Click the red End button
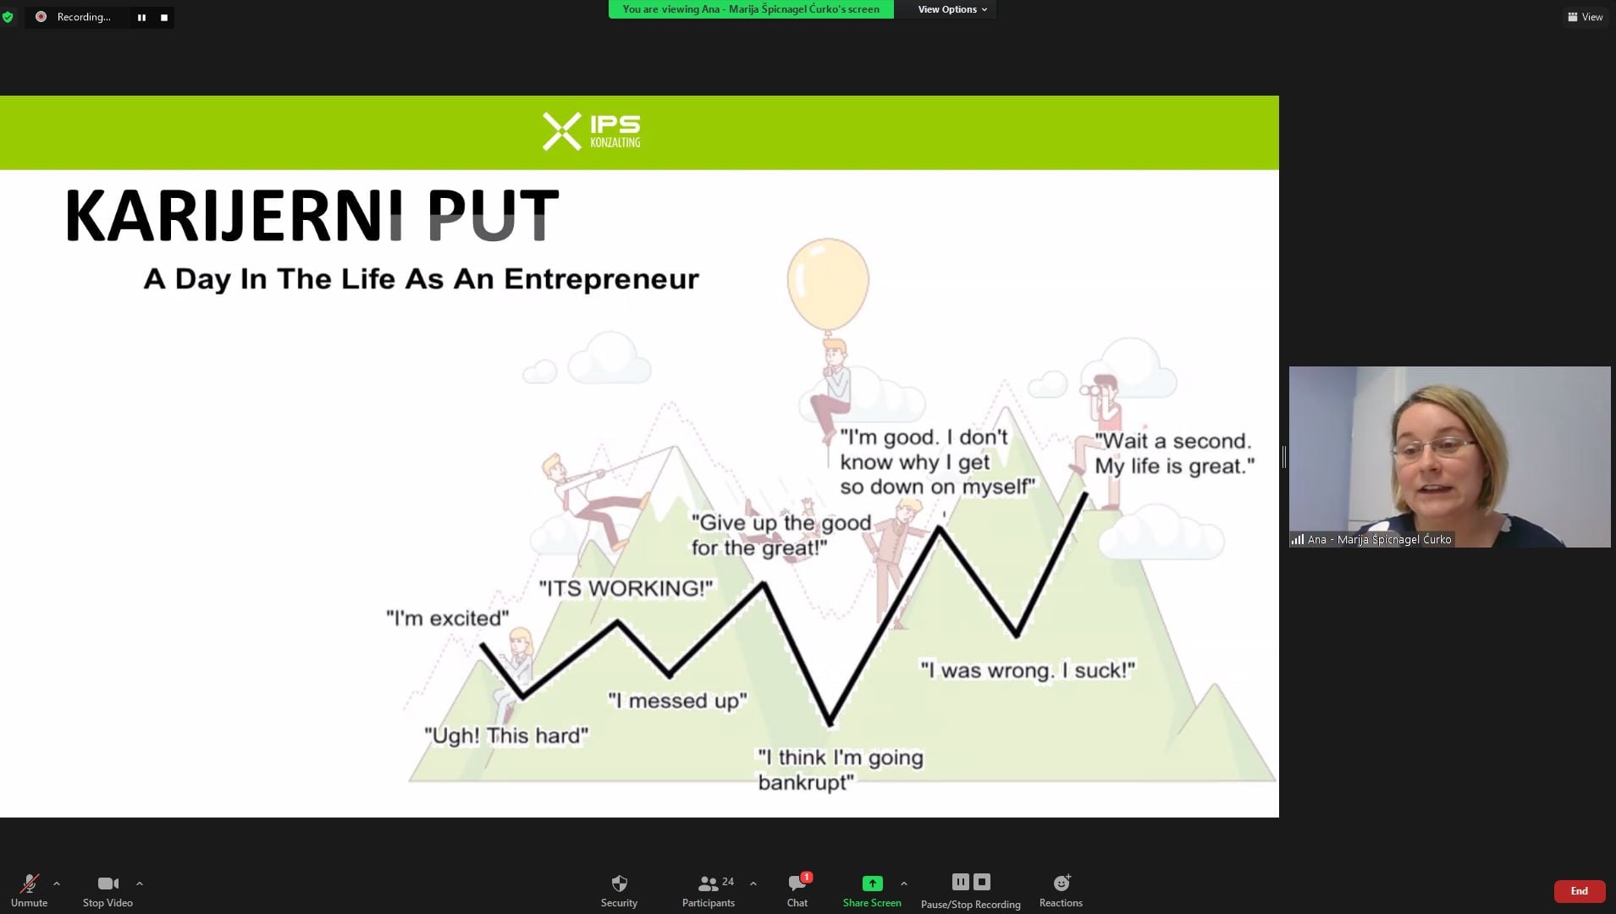pos(1579,891)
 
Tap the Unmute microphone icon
pos(30,884)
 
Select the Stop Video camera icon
pos(108,884)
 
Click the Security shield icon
pos(619,884)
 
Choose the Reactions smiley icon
pos(1062,883)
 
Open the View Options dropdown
pos(952,9)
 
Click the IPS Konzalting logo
pos(592,131)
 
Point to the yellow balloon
pos(828,284)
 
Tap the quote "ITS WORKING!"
pos(626,588)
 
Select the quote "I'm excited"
pos(448,619)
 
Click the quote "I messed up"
pos(678,701)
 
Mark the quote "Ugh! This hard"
pos(506,735)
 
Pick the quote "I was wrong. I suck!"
pos(1028,670)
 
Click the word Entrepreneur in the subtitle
pos(602,278)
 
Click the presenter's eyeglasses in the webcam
pos(1435,449)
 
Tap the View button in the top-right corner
pos(1585,17)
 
